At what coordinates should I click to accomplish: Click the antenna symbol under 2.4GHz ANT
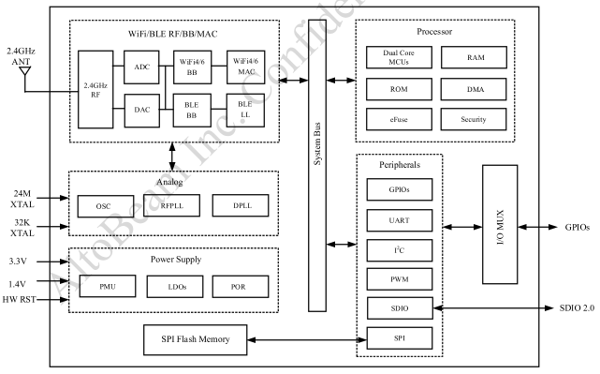25,71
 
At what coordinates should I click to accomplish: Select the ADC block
141,67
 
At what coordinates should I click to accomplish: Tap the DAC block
142,111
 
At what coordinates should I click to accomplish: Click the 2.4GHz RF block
95,90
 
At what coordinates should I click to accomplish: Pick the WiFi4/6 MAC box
245,67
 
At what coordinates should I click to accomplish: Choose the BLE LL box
245,111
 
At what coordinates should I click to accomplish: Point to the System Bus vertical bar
317,166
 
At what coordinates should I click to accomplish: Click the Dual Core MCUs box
399,57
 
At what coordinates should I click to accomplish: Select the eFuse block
399,119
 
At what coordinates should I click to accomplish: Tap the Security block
474,119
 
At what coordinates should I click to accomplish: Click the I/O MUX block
500,225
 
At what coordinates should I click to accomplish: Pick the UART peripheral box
400,220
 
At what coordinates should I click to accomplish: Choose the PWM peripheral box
400,279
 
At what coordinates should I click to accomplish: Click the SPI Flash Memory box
195,340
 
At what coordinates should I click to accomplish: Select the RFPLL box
172,205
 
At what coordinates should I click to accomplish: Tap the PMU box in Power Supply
108,286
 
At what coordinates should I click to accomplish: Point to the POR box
241,287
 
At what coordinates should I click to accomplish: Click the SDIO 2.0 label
577,308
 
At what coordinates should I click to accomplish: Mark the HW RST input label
19,299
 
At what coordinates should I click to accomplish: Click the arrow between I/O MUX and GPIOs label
537,227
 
